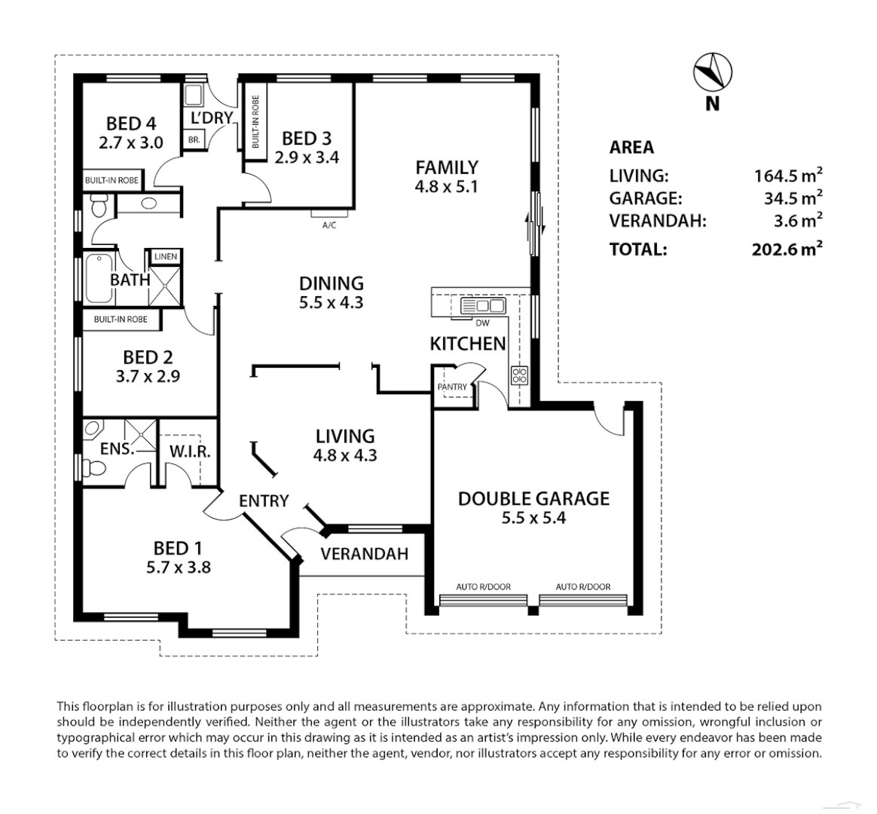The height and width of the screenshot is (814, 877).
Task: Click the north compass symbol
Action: pyautogui.click(x=712, y=72)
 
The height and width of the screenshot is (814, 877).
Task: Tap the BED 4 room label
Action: pyautogui.click(x=131, y=123)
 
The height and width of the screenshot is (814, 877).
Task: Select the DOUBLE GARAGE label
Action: pyautogui.click(x=533, y=498)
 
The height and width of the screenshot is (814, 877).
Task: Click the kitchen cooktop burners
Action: pyautogui.click(x=520, y=375)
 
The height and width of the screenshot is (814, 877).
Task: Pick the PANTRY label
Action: pyautogui.click(x=452, y=387)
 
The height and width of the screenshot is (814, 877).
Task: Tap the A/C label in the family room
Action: pyautogui.click(x=328, y=225)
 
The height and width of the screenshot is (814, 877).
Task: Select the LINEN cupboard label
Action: pyautogui.click(x=165, y=257)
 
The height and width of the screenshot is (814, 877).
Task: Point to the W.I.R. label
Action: pyautogui.click(x=190, y=451)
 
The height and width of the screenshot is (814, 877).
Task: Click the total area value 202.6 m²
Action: pyautogui.click(x=787, y=249)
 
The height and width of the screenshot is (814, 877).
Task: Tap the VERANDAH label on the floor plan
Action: pyautogui.click(x=364, y=554)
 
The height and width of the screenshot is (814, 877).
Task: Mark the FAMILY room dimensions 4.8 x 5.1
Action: pyautogui.click(x=447, y=186)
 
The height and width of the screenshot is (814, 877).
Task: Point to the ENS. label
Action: pyautogui.click(x=118, y=449)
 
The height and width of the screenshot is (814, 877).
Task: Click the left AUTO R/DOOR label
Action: pyautogui.click(x=483, y=586)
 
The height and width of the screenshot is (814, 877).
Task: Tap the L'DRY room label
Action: pyautogui.click(x=211, y=118)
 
